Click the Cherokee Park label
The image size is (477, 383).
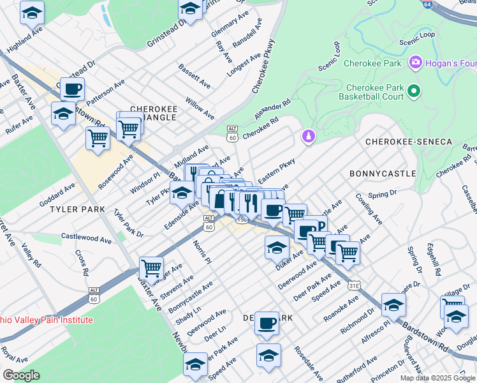click(372, 63)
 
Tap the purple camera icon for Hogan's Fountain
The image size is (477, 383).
click(416, 62)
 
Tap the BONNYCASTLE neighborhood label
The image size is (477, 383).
click(383, 173)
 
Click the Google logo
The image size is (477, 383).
click(21, 375)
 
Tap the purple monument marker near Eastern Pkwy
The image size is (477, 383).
click(308, 137)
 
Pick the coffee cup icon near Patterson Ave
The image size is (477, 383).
click(73, 89)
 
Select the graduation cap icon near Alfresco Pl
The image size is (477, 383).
click(393, 305)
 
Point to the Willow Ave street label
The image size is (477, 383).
click(200, 108)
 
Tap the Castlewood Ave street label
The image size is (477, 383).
click(86, 237)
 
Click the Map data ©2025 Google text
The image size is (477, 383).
click(438, 378)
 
